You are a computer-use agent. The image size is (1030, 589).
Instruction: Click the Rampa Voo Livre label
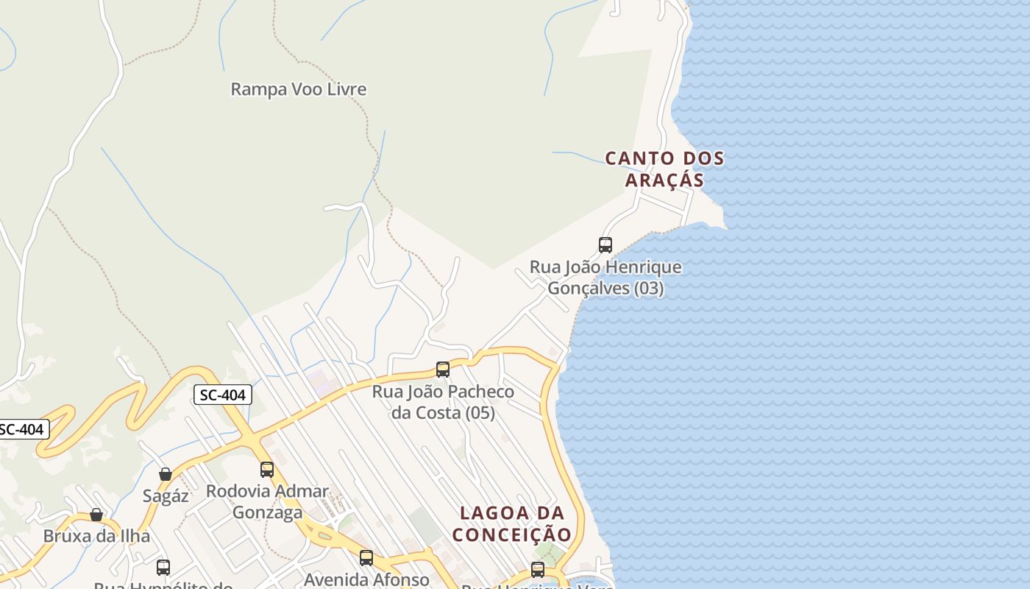298,89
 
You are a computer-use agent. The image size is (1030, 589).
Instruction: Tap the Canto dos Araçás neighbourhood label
664,169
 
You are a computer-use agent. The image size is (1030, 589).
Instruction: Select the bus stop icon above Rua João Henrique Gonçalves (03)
605,245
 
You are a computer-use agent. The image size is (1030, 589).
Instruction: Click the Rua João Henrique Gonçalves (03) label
605,278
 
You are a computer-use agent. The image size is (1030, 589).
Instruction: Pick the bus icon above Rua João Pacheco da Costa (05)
443,370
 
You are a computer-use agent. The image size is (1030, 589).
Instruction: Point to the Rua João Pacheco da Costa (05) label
443,402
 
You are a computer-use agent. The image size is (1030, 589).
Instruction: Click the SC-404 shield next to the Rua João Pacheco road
223,395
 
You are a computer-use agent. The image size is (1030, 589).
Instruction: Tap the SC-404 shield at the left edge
22,429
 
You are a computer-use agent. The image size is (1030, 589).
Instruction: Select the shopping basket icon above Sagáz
166,474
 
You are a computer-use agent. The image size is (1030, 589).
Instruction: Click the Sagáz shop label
166,496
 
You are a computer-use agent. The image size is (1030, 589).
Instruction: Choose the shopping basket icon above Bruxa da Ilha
96,515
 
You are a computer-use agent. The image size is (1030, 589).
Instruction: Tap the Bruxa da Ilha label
96,536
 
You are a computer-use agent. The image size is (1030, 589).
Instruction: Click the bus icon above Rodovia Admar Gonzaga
267,470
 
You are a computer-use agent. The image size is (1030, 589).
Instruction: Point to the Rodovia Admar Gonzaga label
267,501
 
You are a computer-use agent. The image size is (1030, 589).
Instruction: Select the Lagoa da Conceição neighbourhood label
512,523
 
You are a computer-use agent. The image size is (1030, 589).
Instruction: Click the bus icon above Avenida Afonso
366,558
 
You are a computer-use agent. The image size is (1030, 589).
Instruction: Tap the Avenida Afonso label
366,579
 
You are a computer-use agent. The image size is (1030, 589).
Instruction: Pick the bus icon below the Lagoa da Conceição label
538,569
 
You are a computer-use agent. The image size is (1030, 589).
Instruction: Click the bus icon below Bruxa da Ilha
163,568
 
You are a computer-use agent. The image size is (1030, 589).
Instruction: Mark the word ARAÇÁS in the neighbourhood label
664,180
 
